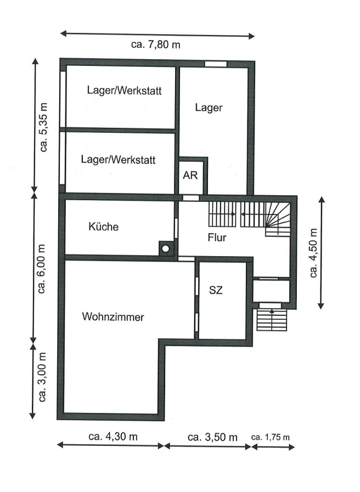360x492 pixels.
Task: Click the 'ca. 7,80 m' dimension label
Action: click(x=156, y=45)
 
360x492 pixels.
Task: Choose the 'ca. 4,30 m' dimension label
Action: click(x=113, y=437)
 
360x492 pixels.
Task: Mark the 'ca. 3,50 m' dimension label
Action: click(x=212, y=437)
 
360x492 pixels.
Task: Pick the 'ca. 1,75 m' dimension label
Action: click(x=270, y=437)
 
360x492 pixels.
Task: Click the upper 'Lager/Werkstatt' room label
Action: click(x=124, y=91)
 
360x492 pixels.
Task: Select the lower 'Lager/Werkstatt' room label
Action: click(x=118, y=160)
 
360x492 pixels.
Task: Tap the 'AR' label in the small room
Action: click(x=190, y=176)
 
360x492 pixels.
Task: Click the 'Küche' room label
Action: click(x=103, y=227)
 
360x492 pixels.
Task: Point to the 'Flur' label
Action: click(x=217, y=238)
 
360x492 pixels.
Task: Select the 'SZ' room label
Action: click(x=216, y=291)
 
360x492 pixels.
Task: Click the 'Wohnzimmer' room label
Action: click(x=113, y=317)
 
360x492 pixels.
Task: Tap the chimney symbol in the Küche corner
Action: click(x=165, y=248)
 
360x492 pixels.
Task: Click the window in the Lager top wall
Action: click(x=216, y=64)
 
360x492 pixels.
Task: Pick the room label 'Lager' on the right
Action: click(x=209, y=108)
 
